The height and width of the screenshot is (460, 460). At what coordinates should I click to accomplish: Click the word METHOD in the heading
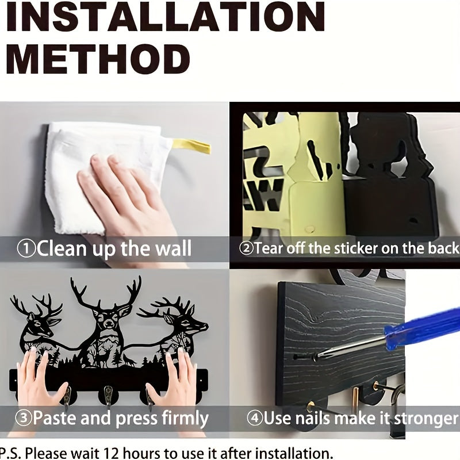(x=98, y=59)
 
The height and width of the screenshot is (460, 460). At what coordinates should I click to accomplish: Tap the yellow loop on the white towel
(x=192, y=146)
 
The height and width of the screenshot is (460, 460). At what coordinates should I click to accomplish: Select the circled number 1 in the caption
(x=26, y=249)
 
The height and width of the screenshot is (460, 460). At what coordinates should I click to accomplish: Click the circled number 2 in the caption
(x=246, y=248)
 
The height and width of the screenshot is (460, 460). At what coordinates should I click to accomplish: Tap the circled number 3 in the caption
(x=23, y=418)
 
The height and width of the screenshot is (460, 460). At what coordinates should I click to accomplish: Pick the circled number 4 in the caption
(x=254, y=418)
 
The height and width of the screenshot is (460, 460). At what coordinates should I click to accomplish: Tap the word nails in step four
(x=312, y=418)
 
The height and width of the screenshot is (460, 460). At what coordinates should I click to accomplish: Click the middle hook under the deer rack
(x=108, y=394)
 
